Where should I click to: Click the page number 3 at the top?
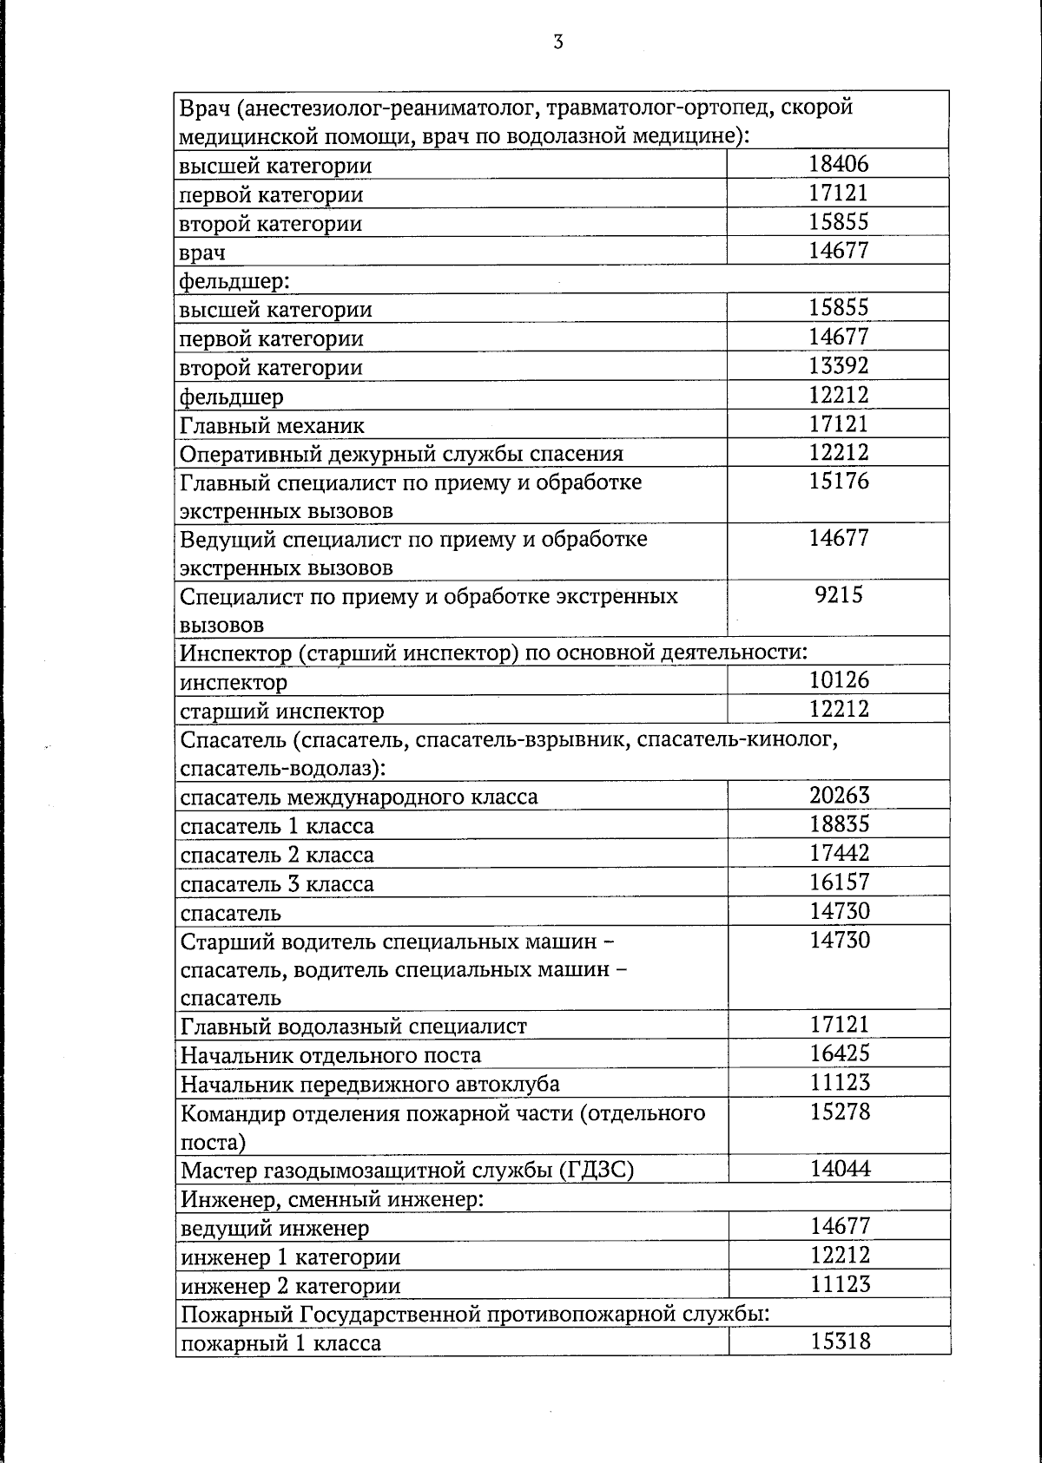point(557,42)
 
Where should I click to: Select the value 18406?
point(838,164)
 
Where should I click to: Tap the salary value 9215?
point(839,595)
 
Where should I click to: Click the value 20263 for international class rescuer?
point(839,795)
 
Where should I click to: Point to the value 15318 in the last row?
point(840,1342)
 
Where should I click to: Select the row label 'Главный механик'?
point(272,426)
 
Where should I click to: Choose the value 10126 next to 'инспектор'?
point(839,680)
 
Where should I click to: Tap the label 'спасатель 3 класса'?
point(277,884)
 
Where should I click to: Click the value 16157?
point(839,882)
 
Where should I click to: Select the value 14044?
point(840,1169)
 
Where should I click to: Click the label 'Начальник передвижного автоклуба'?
point(370,1085)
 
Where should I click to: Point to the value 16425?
point(840,1053)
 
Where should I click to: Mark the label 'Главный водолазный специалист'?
point(353,1027)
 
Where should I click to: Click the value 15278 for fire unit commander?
point(840,1112)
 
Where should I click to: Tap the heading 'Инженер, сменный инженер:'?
point(332,1200)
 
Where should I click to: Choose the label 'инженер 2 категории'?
point(290,1286)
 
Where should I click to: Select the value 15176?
point(839,481)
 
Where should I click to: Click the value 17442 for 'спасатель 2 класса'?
point(839,853)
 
